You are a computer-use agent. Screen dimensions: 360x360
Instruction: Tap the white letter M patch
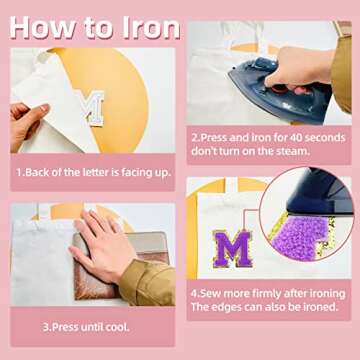93,108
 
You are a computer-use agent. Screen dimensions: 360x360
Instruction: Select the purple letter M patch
235,248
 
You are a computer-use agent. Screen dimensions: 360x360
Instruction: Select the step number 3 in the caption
45,326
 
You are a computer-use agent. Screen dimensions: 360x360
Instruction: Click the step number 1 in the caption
18,171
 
